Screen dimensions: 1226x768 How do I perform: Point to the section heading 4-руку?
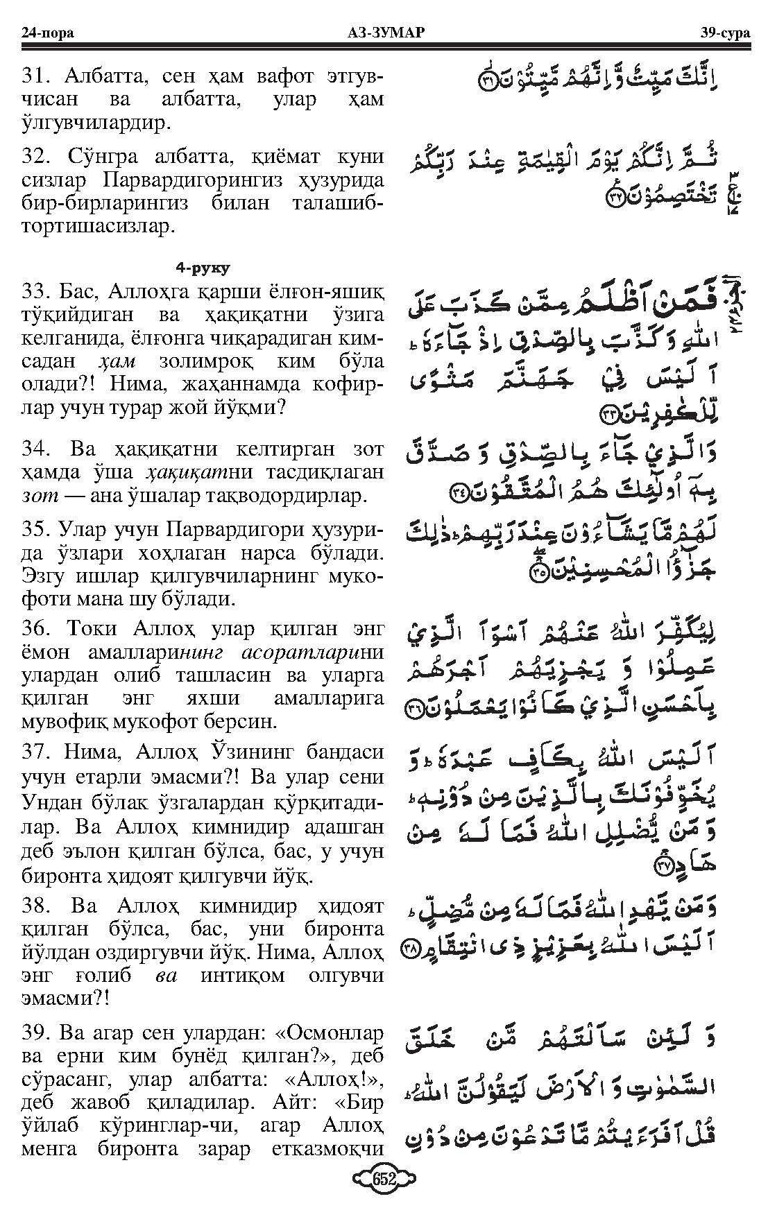tap(203, 267)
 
